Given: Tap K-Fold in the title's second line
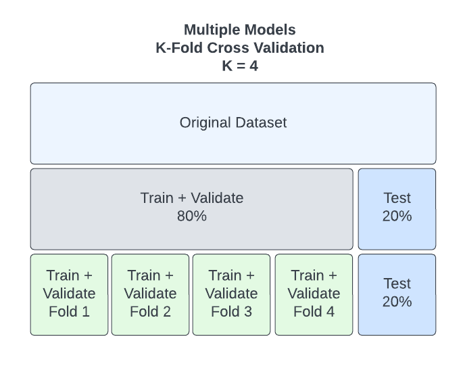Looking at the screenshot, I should tap(178, 48).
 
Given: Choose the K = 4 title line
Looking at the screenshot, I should tap(240, 66).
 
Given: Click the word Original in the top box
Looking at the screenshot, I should tap(205, 122).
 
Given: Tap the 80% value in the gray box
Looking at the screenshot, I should tap(192, 216).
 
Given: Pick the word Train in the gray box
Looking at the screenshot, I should tap(157, 198).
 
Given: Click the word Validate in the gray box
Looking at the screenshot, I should tap(217, 198).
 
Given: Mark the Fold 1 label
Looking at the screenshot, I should tap(69, 312).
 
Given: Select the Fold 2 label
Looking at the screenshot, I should tap(150, 312).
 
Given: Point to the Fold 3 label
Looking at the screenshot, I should tap(231, 312).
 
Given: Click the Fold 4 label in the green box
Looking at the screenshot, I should tap(314, 312).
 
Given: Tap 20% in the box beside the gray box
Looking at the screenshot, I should tap(397, 216).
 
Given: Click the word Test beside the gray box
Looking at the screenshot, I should tap(397, 198).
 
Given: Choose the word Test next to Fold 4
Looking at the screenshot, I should tap(397, 283).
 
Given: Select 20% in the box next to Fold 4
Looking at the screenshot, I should tap(397, 302).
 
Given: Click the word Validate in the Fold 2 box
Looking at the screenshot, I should tap(150, 294).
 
